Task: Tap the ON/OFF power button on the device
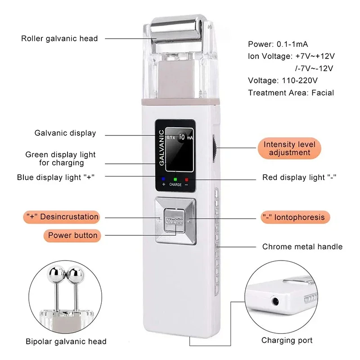[174, 221]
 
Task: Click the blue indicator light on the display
[157, 179]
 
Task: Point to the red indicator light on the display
[186, 180]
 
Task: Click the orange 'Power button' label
[72, 235]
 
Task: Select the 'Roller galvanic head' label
[59, 38]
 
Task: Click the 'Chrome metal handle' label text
[302, 247]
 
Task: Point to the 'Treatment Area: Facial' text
[291, 92]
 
